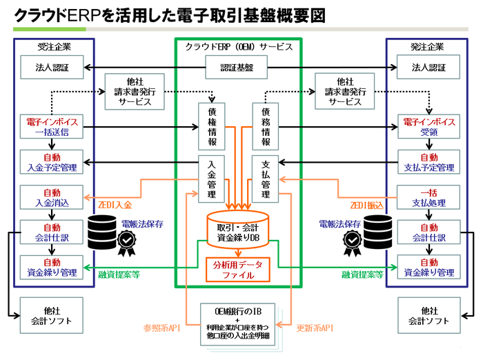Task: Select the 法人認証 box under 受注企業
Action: [52, 68]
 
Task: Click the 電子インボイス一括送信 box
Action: [52, 127]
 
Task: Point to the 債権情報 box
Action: [211, 126]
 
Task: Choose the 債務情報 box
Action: [266, 126]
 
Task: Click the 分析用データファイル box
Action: [239, 269]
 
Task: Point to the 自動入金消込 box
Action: [52, 198]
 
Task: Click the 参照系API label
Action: [161, 328]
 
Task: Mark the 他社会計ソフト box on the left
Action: [52, 316]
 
